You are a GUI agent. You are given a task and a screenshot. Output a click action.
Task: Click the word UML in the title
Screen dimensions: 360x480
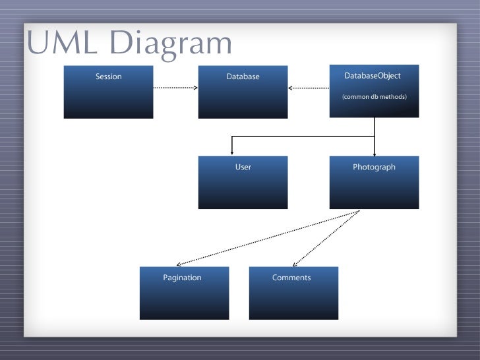pyautogui.click(x=63, y=44)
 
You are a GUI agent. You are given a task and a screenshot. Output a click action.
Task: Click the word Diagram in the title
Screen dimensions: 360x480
pyautogui.click(x=171, y=44)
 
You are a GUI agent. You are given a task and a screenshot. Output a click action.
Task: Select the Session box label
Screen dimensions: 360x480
pyautogui.click(x=108, y=76)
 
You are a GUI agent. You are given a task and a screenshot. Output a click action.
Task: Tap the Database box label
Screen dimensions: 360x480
pyautogui.click(x=243, y=76)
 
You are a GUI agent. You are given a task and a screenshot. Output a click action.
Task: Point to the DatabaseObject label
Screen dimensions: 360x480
pyautogui.click(x=373, y=76)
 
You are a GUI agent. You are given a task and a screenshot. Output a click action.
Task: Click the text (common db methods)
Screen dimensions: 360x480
pyautogui.click(x=374, y=97)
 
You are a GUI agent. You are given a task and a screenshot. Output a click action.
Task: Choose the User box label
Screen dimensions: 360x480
pyautogui.click(x=243, y=167)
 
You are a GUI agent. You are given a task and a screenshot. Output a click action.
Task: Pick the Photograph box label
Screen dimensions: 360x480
pyautogui.click(x=374, y=167)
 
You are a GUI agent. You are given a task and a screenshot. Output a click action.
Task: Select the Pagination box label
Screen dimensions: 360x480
pyautogui.click(x=182, y=278)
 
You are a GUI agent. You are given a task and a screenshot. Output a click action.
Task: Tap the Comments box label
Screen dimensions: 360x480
pyautogui.click(x=291, y=278)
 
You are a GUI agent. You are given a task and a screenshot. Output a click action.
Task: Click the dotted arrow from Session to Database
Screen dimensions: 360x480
pyautogui.click(x=174, y=87)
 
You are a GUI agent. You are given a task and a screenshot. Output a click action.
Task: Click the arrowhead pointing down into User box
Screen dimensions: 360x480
pyautogui.click(x=231, y=152)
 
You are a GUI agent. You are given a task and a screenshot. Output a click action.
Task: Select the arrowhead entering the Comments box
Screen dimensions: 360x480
pyautogui.click(x=293, y=263)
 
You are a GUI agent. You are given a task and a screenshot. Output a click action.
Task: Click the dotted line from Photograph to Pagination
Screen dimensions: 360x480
pyautogui.click(x=270, y=237)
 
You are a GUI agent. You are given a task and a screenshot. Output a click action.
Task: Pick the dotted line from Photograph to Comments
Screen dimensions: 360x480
pyautogui.click(x=326, y=237)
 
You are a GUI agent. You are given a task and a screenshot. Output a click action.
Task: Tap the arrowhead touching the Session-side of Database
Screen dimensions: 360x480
pyautogui.click(x=195, y=87)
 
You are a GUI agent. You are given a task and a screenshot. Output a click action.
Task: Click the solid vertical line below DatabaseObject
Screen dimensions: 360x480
pyautogui.click(x=375, y=127)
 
